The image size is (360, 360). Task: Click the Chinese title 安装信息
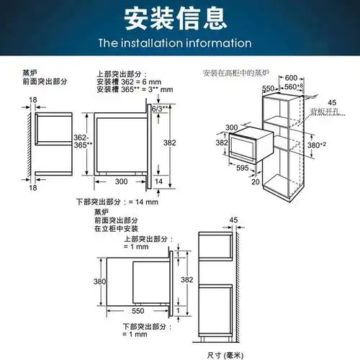click(x=179, y=17)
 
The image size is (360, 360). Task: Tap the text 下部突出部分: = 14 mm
click(x=117, y=201)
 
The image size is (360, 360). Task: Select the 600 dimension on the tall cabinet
click(x=290, y=78)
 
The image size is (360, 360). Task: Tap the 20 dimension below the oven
click(x=255, y=181)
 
